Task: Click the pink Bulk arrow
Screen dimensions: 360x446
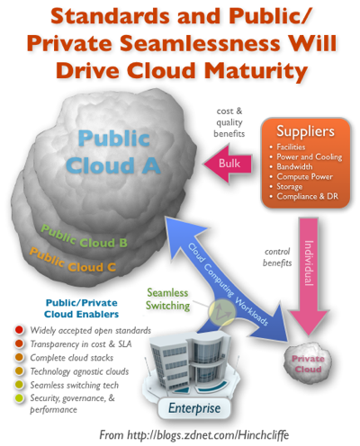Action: tap(228, 164)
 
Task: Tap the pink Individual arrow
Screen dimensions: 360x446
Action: tap(308, 276)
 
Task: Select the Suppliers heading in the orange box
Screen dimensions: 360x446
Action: tap(305, 131)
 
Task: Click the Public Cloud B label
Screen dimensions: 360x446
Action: tap(84, 237)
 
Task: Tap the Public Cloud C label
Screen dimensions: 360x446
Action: tap(73, 261)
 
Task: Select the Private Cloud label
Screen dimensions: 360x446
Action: tap(308, 364)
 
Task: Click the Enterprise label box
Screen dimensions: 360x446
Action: tap(194, 408)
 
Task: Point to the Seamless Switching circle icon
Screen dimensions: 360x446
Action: tap(222, 312)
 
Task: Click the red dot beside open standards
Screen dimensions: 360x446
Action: tap(19, 330)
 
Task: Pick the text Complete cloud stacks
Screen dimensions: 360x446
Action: tap(72, 358)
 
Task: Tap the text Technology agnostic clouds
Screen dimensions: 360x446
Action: tap(79, 371)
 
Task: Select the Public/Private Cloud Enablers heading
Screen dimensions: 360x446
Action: tap(81, 308)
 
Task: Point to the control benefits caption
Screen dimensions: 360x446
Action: tap(277, 257)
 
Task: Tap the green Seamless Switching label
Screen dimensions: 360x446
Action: tap(167, 299)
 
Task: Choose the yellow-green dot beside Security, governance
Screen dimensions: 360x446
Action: tap(19, 398)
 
